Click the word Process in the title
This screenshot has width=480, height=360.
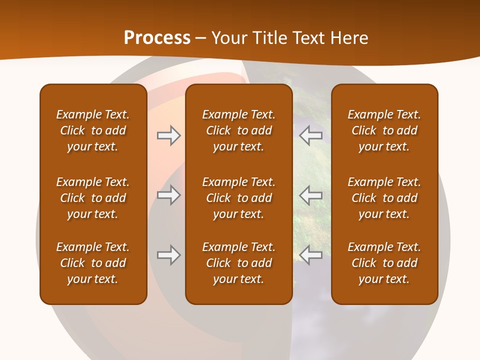click(x=157, y=38)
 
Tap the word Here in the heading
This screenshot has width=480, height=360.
click(x=348, y=38)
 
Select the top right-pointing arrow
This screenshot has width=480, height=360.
click(x=168, y=135)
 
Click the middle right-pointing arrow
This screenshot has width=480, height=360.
click(x=168, y=194)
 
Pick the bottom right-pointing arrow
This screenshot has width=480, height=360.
click(x=168, y=255)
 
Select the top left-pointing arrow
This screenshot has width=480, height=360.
click(x=311, y=135)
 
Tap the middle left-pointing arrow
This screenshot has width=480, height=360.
click(x=311, y=194)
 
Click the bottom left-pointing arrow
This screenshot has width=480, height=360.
click(x=311, y=255)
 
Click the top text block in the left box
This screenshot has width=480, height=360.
click(x=93, y=130)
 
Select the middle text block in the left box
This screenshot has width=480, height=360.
click(x=93, y=198)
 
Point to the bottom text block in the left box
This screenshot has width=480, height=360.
click(x=93, y=263)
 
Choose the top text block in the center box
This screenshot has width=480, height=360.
click(x=238, y=130)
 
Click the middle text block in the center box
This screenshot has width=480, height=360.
click(x=238, y=198)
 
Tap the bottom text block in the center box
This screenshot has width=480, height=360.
click(x=238, y=263)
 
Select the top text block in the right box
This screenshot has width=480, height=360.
click(x=384, y=130)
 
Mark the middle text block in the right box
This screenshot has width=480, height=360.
click(x=384, y=198)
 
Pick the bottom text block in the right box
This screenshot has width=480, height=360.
click(x=384, y=263)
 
